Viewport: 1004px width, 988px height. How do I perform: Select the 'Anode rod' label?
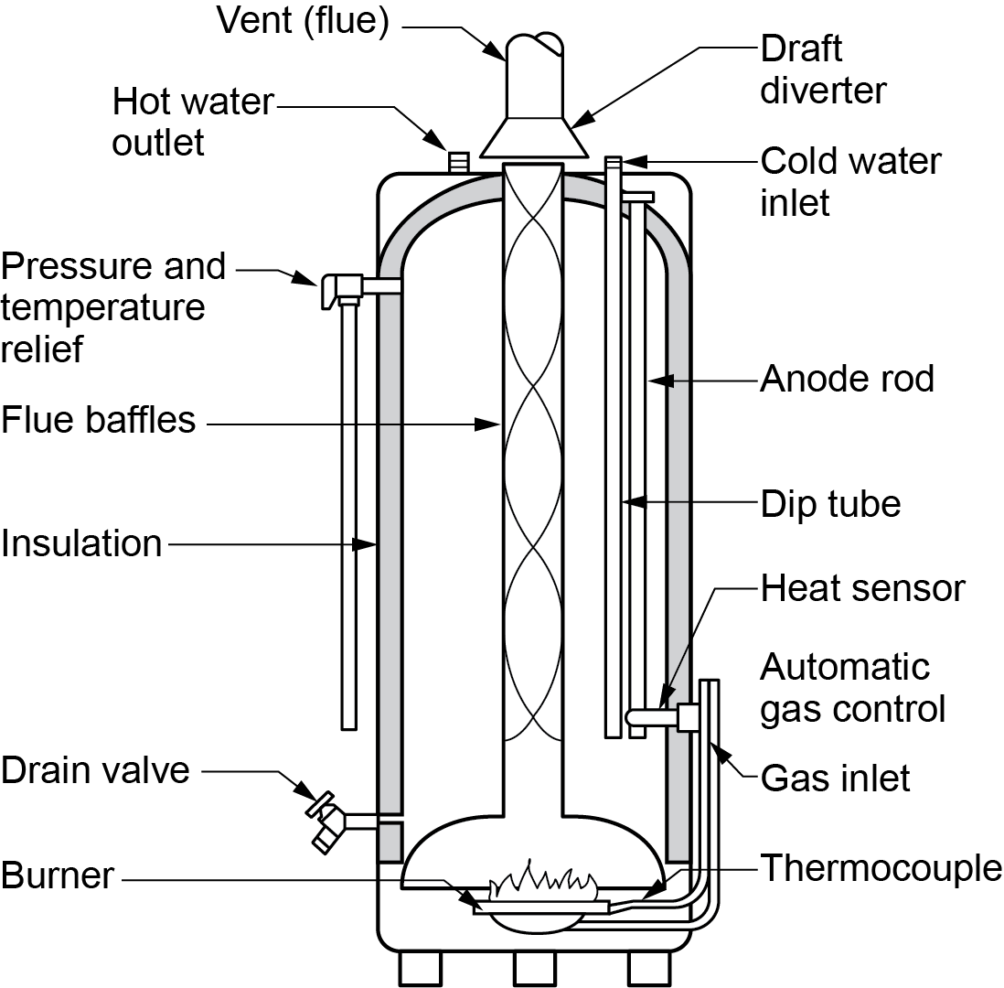pos(847,378)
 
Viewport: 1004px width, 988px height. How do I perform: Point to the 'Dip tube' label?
pos(830,503)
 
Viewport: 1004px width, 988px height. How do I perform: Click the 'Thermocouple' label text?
pos(881,867)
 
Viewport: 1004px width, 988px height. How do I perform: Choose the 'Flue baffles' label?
pos(98,420)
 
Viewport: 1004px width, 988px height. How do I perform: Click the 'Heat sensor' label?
pos(862,588)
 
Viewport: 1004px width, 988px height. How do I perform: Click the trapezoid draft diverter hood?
pos(534,137)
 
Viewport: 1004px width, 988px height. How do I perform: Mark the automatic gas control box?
pos(689,716)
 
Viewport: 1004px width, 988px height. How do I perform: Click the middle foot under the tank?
pos(535,969)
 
